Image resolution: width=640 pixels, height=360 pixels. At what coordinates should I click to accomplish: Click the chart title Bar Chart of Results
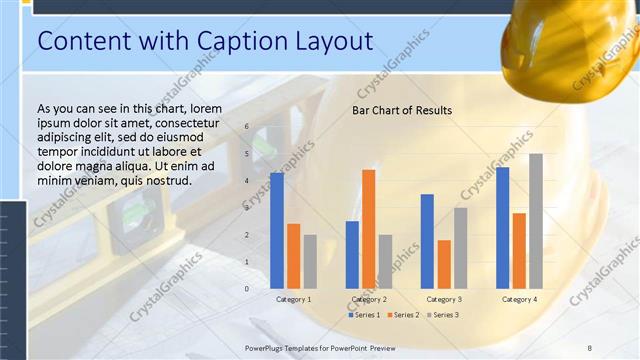coord(401,110)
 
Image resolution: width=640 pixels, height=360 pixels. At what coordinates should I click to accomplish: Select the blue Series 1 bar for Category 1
coord(277,230)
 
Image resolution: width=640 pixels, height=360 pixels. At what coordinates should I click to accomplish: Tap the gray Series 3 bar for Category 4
coord(536,221)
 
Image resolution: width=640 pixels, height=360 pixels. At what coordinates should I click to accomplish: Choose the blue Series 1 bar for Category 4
coord(503,227)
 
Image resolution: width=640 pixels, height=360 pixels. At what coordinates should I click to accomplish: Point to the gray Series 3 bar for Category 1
coord(310,261)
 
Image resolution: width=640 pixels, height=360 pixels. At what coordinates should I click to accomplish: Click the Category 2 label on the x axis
coord(369,299)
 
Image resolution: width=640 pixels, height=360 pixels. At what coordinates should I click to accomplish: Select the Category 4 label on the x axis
coord(519,299)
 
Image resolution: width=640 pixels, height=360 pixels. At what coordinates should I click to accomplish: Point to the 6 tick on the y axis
coord(248,128)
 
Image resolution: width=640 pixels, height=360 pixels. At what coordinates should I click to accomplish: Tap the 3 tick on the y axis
coord(248,208)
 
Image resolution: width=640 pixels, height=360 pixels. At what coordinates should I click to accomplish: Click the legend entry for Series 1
coord(365,315)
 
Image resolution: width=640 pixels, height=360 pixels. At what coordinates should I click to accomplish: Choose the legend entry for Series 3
coord(443,315)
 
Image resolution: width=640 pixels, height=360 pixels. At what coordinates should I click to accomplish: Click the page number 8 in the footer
coord(589,347)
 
